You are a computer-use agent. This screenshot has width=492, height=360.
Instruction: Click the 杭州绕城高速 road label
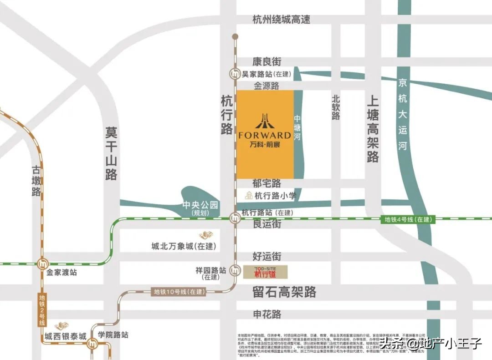click(x=281, y=20)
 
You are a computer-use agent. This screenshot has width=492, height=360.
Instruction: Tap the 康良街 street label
click(x=267, y=61)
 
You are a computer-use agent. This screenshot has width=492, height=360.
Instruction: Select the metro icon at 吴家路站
click(x=235, y=74)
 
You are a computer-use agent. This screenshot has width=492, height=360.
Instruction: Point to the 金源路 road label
click(x=266, y=86)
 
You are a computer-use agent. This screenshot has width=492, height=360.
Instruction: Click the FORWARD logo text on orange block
click(x=264, y=135)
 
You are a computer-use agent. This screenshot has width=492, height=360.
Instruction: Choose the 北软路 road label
click(x=336, y=107)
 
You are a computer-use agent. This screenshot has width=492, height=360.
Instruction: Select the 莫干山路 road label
click(x=111, y=153)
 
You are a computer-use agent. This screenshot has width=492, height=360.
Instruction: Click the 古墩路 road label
click(x=36, y=180)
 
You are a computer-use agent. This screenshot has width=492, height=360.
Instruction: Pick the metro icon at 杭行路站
click(x=235, y=218)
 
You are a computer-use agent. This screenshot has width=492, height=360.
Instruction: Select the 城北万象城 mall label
click(x=184, y=246)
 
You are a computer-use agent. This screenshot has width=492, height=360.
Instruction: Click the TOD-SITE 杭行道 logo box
click(x=265, y=272)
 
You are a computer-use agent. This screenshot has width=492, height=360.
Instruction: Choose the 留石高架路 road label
click(x=284, y=292)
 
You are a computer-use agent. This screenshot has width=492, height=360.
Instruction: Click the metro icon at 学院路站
click(x=93, y=344)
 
